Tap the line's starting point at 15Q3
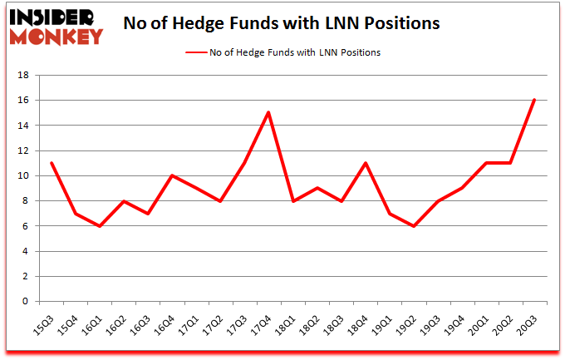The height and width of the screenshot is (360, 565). point(52,163)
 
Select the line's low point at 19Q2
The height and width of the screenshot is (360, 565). point(414,226)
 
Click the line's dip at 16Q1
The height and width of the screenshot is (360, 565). point(101,226)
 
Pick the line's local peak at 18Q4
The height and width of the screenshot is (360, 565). point(366,163)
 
